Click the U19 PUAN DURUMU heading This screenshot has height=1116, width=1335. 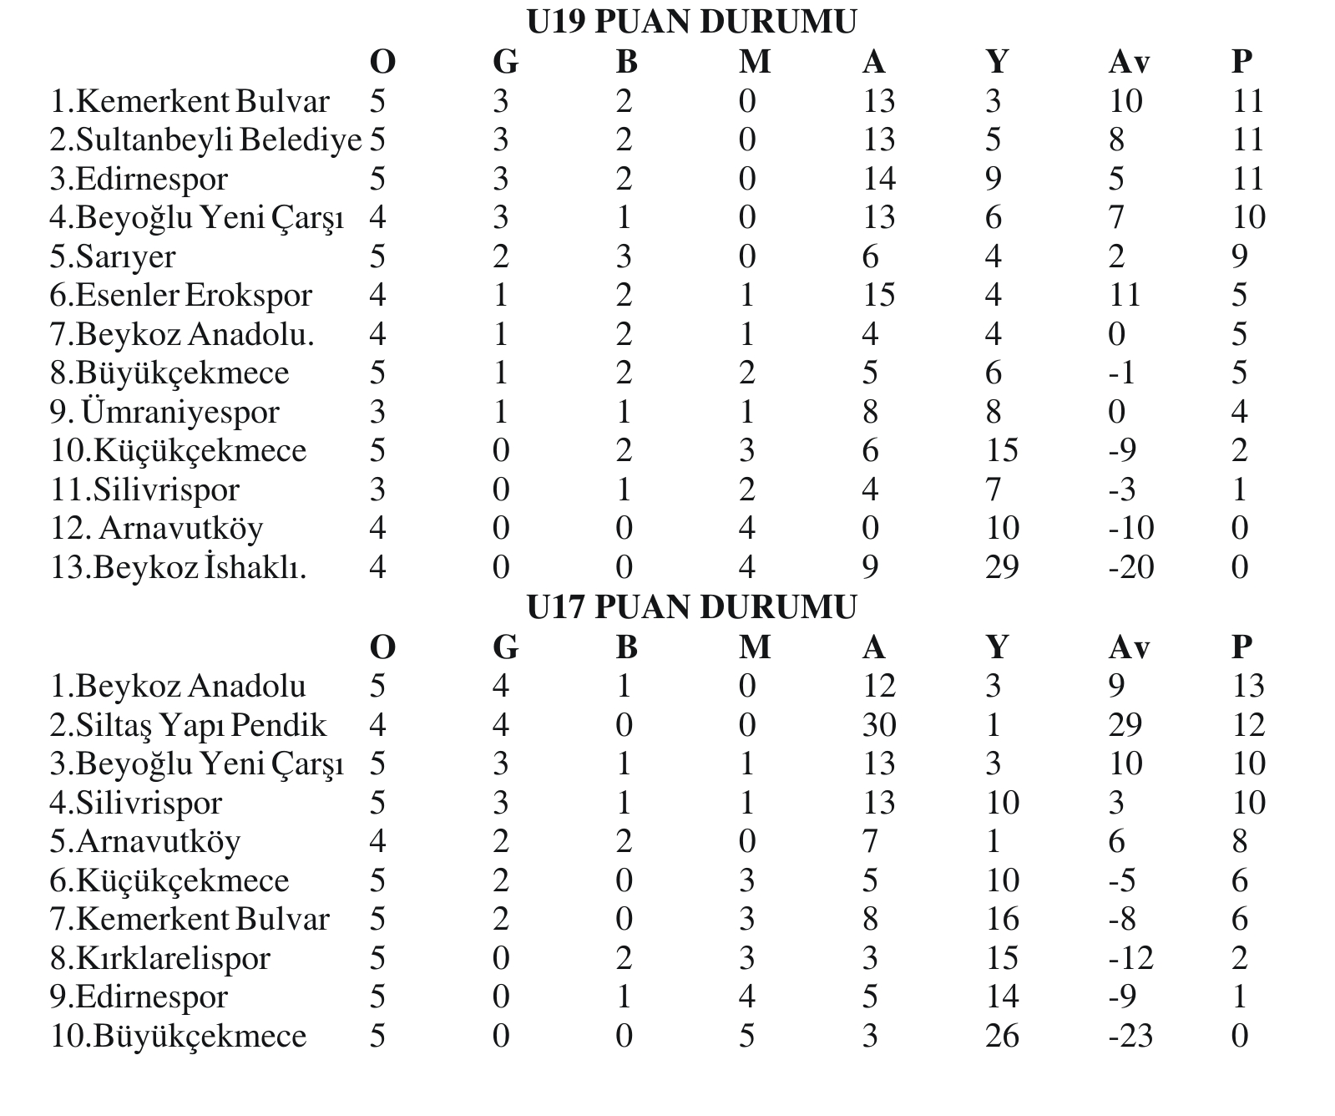(x=691, y=22)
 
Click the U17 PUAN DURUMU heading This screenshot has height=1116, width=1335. (x=691, y=607)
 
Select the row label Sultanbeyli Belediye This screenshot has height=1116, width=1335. (x=205, y=139)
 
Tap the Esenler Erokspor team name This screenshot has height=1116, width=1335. (x=181, y=295)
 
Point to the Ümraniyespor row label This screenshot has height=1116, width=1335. (x=165, y=412)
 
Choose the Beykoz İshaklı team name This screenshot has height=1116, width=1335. (x=179, y=567)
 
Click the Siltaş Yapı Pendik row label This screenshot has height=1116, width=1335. (x=188, y=725)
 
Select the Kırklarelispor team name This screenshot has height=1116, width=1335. (x=160, y=958)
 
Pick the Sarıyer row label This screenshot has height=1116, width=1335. (x=113, y=256)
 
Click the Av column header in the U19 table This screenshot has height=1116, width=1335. (x=1129, y=61)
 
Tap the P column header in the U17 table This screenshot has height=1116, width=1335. (x=1241, y=647)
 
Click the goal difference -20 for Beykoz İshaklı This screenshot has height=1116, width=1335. (x=1130, y=567)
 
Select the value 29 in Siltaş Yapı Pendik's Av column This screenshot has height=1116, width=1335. (x=1125, y=725)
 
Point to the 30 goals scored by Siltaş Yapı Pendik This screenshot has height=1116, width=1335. (x=878, y=725)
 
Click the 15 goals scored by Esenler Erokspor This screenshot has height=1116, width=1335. (x=878, y=295)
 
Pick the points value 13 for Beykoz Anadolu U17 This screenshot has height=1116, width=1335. (x=1248, y=686)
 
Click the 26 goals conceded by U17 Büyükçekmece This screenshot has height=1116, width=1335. (x=1001, y=1036)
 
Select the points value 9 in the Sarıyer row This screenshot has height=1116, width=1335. (x=1240, y=256)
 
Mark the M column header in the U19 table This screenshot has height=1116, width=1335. (x=754, y=61)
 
